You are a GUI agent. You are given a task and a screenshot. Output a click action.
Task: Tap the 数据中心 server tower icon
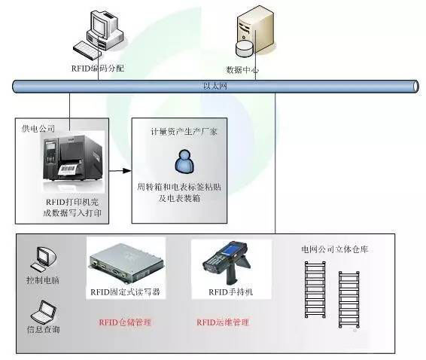coord(254,31)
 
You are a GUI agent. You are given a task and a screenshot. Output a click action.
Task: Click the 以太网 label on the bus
coord(215,86)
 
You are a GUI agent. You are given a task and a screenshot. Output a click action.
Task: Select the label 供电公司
coord(38,128)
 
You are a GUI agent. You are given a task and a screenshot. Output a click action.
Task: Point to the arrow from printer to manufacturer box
coord(120,171)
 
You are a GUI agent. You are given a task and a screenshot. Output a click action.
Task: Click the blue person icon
coord(184,161)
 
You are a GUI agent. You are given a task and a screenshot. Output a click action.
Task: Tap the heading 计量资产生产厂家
coord(184,132)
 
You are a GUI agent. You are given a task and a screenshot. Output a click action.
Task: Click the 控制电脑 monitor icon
coord(44,259)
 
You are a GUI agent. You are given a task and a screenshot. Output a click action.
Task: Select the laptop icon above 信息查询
coord(44,312)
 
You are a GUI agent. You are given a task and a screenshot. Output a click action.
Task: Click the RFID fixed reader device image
coord(126,266)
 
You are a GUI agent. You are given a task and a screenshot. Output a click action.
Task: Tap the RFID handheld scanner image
coord(227,263)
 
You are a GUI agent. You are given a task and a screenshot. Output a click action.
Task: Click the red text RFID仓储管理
coord(125,322)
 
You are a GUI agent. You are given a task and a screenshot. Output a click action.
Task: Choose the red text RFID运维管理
coord(223,322)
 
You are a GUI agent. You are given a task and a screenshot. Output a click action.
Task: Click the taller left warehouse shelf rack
coord(315,289)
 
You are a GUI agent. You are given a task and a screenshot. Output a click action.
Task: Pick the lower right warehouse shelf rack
coord(349,299)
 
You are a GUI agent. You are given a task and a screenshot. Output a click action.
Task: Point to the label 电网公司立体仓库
coord(335,249)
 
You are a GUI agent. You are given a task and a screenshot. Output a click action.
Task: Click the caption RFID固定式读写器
coord(125,292)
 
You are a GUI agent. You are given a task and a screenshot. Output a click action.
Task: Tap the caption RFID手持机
coord(230,292)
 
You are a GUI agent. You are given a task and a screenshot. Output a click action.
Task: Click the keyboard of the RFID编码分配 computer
coord(87,50)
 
